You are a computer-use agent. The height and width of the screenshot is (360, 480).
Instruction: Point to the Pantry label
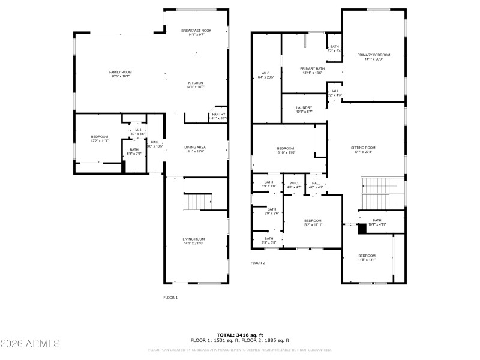click(218, 116)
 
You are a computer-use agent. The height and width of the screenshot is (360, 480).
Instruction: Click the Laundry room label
click(304, 109)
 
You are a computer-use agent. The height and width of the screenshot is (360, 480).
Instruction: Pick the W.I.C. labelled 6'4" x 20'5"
click(266, 75)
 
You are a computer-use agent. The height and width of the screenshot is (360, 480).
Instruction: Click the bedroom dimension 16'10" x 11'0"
click(286, 152)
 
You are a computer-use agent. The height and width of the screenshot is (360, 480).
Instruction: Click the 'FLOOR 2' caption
click(258, 263)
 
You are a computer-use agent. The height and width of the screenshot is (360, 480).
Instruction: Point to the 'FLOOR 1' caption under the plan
click(171, 298)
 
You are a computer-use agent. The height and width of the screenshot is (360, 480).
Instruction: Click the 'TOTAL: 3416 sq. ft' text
click(240, 335)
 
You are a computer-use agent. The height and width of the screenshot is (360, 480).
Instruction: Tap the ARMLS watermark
click(30, 344)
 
